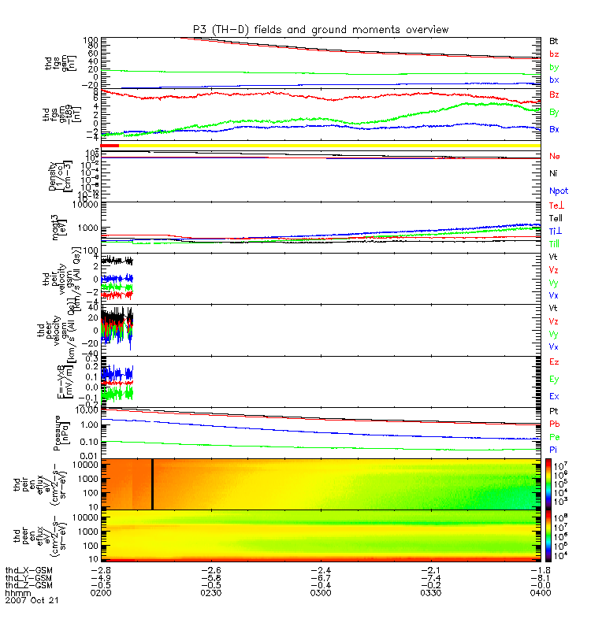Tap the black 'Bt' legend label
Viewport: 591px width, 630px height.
pos(553,41)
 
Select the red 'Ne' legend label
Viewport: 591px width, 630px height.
pos(553,157)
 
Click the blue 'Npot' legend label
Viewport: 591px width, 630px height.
pos(558,191)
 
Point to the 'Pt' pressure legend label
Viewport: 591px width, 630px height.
pos(553,412)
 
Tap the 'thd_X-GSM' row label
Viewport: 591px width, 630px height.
pos(28,569)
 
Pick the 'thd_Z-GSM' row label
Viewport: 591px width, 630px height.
pos(28,585)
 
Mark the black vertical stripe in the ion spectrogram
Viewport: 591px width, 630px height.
pos(152,484)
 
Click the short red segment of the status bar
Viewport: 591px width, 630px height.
pos(109,146)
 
